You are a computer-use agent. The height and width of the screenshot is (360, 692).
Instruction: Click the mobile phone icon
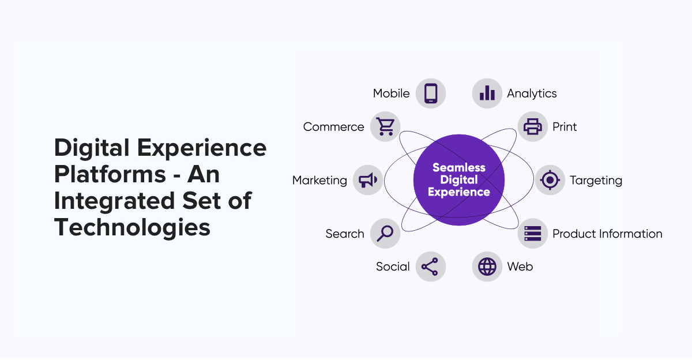pyautogui.click(x=431, y=93)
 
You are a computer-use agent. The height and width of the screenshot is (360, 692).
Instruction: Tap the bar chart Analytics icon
pyautogui.click(x=487, y=93)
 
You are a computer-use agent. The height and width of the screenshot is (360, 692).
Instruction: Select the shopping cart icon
pyautogui.click(x=386, y=126)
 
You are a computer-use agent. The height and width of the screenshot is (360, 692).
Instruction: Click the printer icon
pyautogui.click(x=533, y=126)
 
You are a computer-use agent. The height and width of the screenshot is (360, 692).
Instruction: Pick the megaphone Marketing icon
pyautogui.click(x=368, y=180)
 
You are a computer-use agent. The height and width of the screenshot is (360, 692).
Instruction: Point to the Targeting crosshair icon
pyautogui.click(x=550, y=180)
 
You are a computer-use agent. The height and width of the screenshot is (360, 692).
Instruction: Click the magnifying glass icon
pyautogui.click(x=385, y=233)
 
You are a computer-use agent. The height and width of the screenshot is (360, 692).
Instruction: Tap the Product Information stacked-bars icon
pyautogui.click(x=533, y=233)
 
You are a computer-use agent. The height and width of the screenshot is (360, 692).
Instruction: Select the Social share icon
pyautogui.click(x=430, y=267)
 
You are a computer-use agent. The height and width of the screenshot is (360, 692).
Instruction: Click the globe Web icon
pyautogui.click(x=487, y=267)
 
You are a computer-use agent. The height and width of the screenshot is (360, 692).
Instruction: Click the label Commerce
pyautogui.click(x=334, y=127)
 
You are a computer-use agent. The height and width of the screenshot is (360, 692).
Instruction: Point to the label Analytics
pyautogui.click(x=532, y=93)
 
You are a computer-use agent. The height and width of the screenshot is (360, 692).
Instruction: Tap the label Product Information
pyautogui.click(x=607, y=234)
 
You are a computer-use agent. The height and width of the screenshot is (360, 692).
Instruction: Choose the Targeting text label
pyautogui.click(x=596, y=181)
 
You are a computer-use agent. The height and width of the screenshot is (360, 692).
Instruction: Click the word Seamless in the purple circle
pyautogui.click(x=459, y=167)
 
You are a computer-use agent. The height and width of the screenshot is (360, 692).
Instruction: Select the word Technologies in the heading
pyautogui.click(x=132, y=227)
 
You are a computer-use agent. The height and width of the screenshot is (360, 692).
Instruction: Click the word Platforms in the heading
pyautogui.click(x=110, y=174)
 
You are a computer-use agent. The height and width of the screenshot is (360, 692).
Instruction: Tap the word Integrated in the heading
pyautogui.click(x=115, y=201)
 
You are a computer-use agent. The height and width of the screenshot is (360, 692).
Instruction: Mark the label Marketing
pyautogui.click(x=319, y=181)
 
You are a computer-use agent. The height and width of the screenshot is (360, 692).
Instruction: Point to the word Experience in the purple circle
pyautogui.click(x=459, y=192)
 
